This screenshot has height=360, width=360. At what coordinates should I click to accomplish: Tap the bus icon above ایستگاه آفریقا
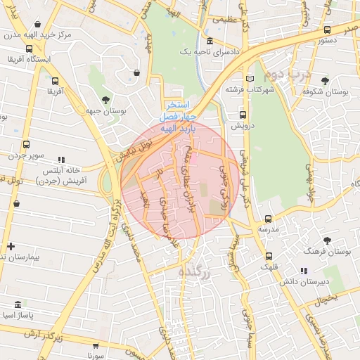click(29, 49)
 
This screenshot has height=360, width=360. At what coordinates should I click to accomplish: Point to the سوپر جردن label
click(25, 154)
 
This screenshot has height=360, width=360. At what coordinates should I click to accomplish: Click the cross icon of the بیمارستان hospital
click(10, 246)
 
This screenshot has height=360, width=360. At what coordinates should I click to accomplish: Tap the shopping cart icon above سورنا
click(95, 345)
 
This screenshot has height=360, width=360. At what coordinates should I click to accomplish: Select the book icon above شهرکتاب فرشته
click(250, 78)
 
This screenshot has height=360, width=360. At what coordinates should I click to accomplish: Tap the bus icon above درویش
click(243, 115)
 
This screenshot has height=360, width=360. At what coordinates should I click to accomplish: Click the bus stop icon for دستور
click(327, 30)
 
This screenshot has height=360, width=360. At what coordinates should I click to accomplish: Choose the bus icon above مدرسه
click(268, 219)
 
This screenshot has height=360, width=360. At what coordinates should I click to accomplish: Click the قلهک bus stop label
click(268, 267)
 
